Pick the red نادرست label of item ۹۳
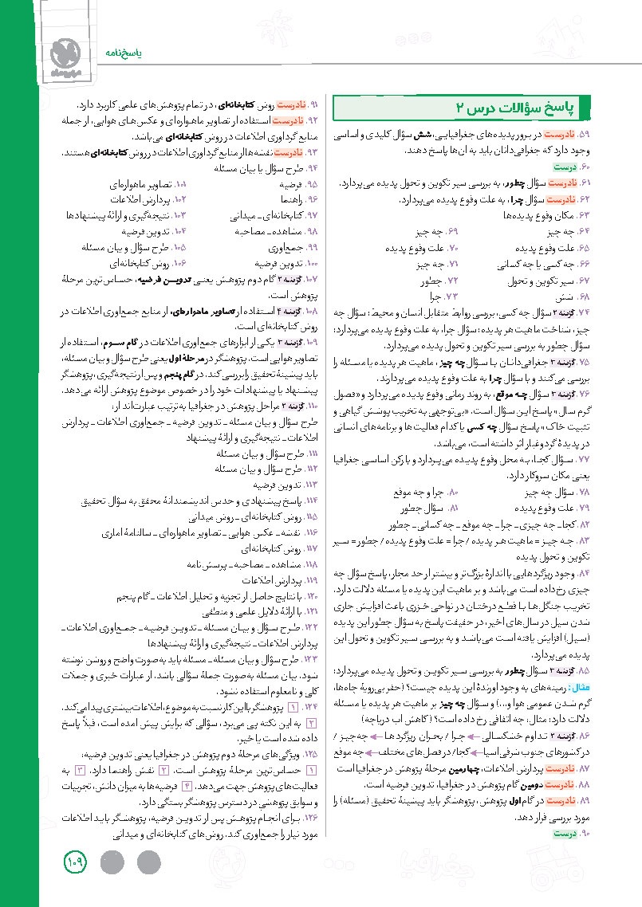[x=285, y=151]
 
